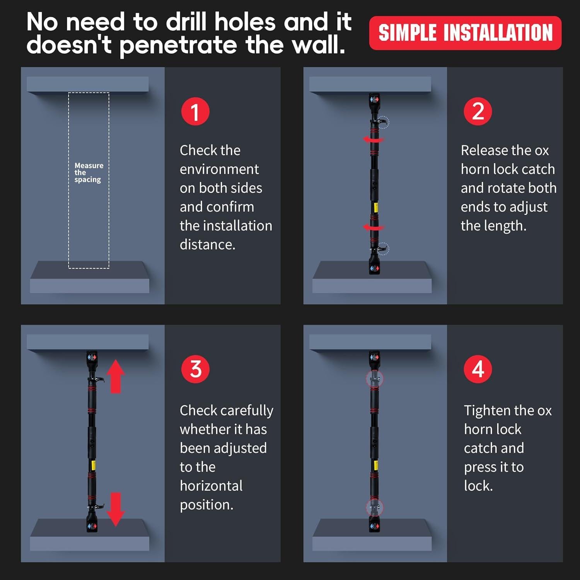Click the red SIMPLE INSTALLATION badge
[465, 33]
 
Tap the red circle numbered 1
[195, 111]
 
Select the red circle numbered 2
[478, 111]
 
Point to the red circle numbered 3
[195, 369]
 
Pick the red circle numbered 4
[478, 369]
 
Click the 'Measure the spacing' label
[89, 172]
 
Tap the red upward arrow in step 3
[116, 376]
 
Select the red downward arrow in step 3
[116, 509]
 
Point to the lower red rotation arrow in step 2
[373, 228]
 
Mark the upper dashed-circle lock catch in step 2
[383, 122]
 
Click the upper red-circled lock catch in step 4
[374, 379]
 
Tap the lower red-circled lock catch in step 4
[374, 507]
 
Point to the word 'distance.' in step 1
[208, 244]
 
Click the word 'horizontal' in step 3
[211, 486]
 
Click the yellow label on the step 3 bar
[93, 465]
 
